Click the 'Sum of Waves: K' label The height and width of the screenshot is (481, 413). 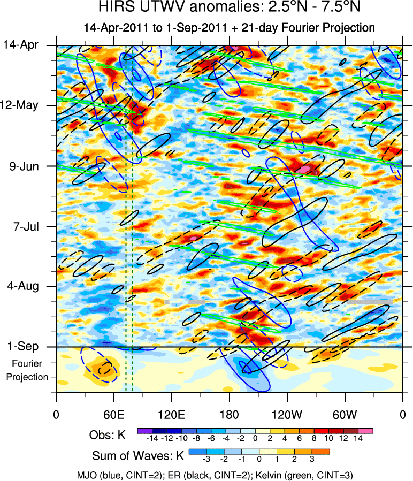[x=138, y=456]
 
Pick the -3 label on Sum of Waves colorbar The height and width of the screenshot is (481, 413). [x=206, y=459]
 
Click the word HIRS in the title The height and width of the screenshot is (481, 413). [x=114, y=9]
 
